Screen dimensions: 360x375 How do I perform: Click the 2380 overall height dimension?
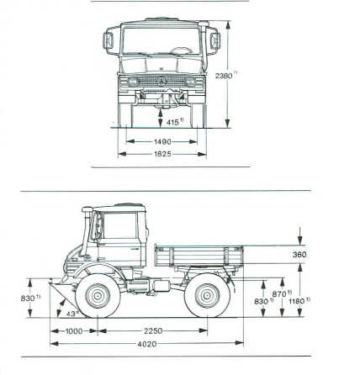pyautogui.click(x=224, y=76)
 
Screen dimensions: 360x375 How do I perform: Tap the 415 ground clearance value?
pyautogui.click(x=172, y=122)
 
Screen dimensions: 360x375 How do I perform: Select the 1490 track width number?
pyautogui.click(x=162, y=142)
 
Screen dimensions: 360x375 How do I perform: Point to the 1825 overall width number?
pyautogui.click(x=162, y=154)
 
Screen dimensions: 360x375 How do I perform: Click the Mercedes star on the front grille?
pyautogui.click(x=161, y=82)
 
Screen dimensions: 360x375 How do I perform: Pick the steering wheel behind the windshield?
pyautogui.click(x=182, y=50)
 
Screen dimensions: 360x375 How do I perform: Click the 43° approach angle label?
pyautogui.click(x=72, y=314)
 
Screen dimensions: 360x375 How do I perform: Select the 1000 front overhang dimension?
pyautogui.click(x=74, y=331)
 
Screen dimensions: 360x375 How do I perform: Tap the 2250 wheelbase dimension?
pyautogui.click(x=153, y=331)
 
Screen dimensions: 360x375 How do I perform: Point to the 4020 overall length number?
pyautogui.click(x=147, y=344)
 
